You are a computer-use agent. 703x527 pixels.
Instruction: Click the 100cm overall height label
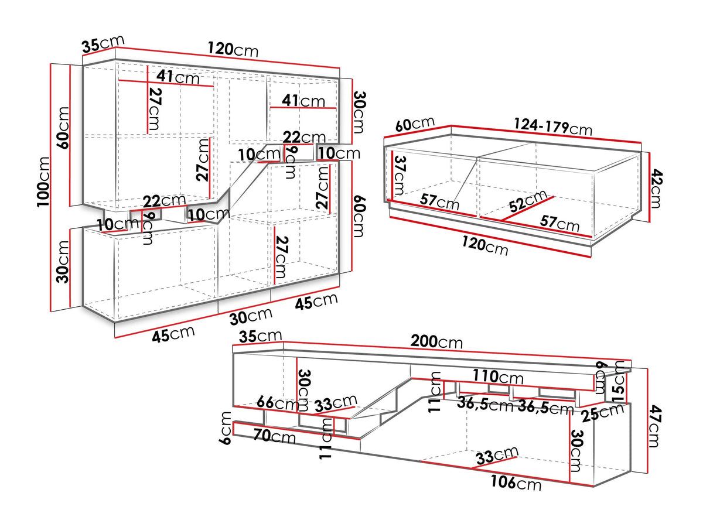[x=43, y=182]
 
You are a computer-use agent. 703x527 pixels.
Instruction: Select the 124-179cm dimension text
[x=553, y=126]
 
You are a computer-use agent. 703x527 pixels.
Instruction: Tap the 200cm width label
[x=436, y=341]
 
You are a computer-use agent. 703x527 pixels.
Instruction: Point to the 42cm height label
[x=656, y=189]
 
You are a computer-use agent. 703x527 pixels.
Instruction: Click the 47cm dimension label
[x=655, y=426]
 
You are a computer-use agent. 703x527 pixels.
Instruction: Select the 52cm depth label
[x=527, y=201]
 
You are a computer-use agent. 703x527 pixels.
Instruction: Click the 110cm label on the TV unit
[x=498, y=377]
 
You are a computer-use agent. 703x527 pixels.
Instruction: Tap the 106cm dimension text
[x=516, y=482]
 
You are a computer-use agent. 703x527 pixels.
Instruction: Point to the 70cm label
[x=274, y=436]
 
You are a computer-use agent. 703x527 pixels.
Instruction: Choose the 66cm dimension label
[x=277, y=403]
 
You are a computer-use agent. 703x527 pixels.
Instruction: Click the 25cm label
[x=603, y=412]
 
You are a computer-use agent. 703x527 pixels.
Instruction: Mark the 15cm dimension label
[x=619, y=382]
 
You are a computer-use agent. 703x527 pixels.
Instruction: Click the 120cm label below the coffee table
[x=484, y=246]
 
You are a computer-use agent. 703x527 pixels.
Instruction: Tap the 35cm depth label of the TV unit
[x=260, y=336]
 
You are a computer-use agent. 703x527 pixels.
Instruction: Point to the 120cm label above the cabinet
[x=233, y=50]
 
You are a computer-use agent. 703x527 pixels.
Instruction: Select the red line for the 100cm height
[x=50, y=187]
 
